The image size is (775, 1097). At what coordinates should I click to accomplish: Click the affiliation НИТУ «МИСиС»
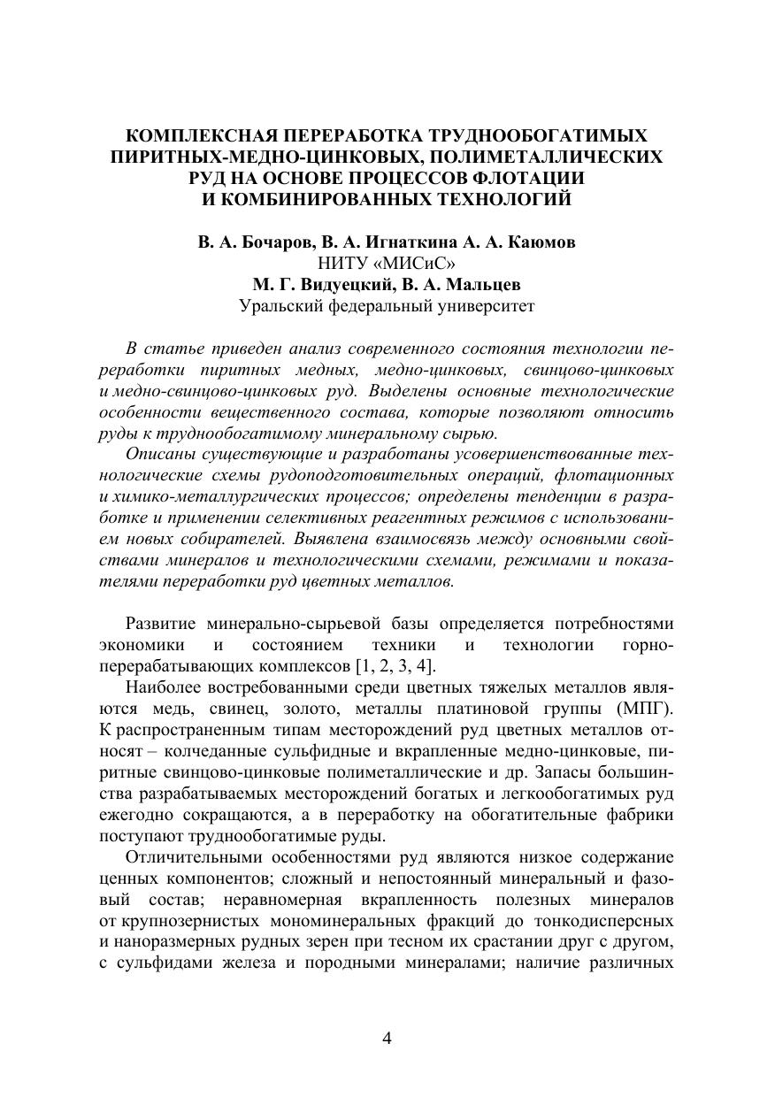[387, 264]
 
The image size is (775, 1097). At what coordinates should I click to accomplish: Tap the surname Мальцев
[483, 285]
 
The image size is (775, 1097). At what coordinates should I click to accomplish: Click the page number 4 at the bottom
[387, 1038]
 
